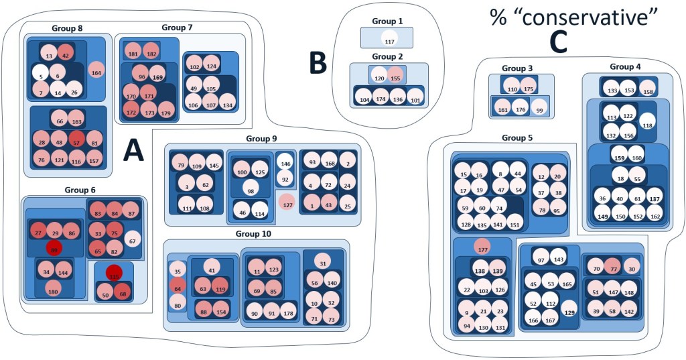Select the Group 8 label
67,28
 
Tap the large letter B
318,62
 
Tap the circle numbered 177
482,248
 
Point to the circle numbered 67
132,239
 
